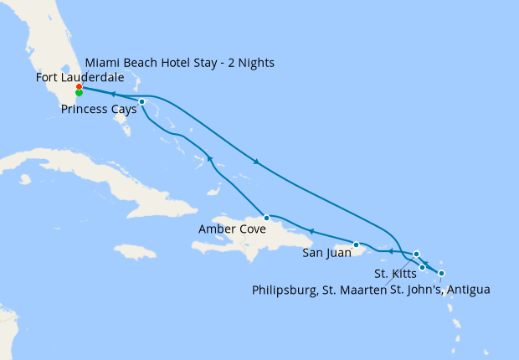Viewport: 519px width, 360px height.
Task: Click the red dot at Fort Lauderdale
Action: pyautogui.click(x=79, y=87)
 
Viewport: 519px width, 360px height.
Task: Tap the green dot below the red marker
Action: pyautogui.click(x=79, y=93)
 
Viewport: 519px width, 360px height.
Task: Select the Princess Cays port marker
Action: pyautogui.click(x=142, y=102)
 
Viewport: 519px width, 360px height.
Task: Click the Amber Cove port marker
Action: pyautogui.click(x=266, y=218)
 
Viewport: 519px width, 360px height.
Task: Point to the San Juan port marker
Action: pyautogui.click(x=357, y=245)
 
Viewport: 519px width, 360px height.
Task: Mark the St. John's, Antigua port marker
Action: pyautogui.click(x=441, y=274)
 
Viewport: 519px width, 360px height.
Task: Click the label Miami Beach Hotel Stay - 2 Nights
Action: pyautogui.click(x=179, y=63)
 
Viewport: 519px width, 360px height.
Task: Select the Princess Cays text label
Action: pyautogui.click(x=99, y=109)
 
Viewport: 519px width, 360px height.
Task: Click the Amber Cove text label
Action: pyautogui.click(x=232, y=229)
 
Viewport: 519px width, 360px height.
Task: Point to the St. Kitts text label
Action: pyautogui.click(x=393, y=273)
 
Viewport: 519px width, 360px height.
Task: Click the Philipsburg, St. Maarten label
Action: pyautogui.click(x=319, y=290)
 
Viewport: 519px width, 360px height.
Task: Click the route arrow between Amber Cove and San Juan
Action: pyautogui.click(x=311, y=232)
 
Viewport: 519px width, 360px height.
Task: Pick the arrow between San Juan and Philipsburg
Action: pyautogui.click(x=390, y=250)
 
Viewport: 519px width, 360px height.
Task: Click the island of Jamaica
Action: pyautogui.click(x=134, y=252)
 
